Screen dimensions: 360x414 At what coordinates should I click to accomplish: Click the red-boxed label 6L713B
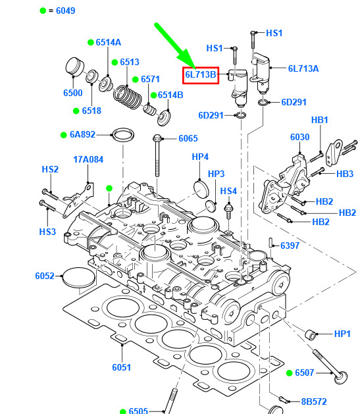[201, 75]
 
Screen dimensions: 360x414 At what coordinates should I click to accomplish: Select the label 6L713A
[303, 68]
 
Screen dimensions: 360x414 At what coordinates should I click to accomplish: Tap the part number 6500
[73, 93]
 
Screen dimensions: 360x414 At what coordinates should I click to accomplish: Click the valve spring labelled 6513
[128, 97]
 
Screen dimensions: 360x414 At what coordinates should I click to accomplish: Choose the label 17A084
[88, 159]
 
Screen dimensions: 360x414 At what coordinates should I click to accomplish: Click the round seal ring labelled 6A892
[123, 135]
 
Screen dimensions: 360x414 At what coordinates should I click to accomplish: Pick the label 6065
[188, 138]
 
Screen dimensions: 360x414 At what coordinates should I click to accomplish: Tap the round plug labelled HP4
[201, 188]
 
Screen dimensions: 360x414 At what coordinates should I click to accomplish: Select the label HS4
[228, 191]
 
